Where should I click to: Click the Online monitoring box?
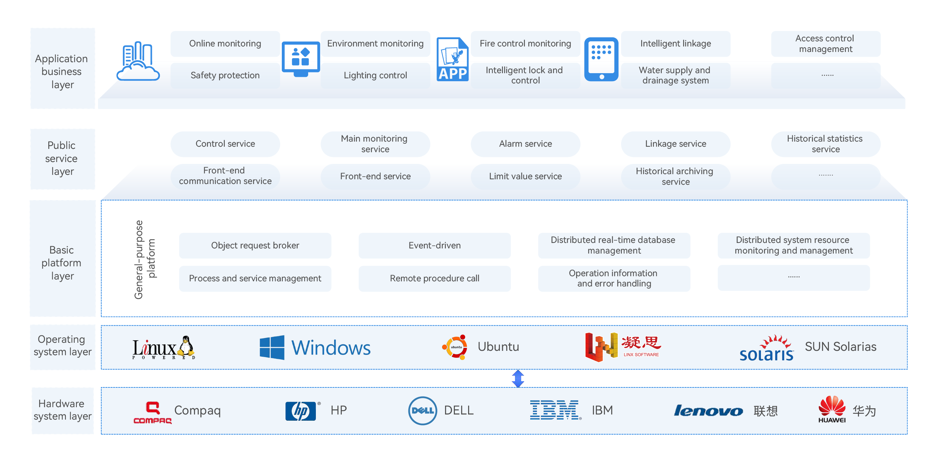(225, 44)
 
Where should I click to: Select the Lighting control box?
(375, 75)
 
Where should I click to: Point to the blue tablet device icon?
(601, 59)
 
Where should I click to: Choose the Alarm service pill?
(525, 144)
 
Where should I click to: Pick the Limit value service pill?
(525, 176)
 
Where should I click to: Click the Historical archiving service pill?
(675, 176)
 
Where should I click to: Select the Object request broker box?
(255, 245)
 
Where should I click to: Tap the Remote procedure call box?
(434, 278)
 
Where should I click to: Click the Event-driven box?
(434, 245)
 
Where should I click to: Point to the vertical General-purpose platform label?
(145, 260)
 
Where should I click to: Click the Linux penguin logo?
(186, 346)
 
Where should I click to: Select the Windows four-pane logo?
(272, 347)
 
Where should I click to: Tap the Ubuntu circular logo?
(455, 347)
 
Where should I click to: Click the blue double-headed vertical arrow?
(518, 378)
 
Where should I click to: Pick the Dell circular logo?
(422, 411)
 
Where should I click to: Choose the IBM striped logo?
(555, 410)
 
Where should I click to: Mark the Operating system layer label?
(62, 346)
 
